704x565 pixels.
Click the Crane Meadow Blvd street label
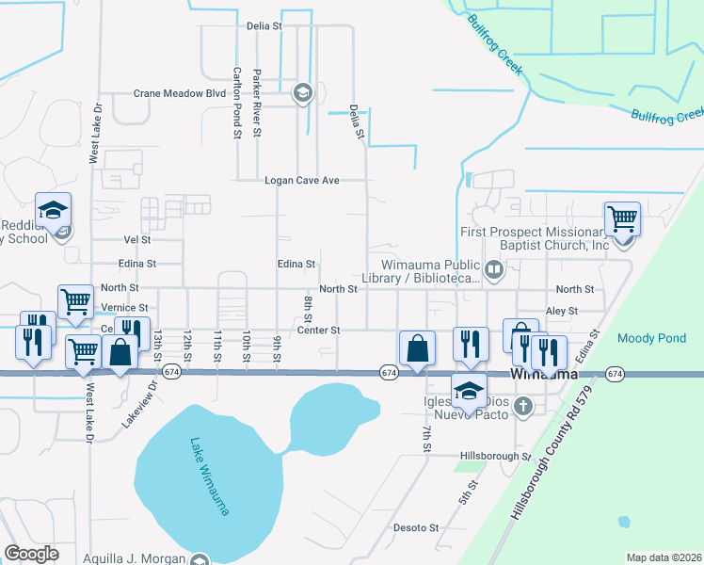pyautogui.click(x=180, y=93)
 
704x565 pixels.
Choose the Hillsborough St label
pyautogui.click(x=495, y=456)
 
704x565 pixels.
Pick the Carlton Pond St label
pyautogui.click(x=237, y=104)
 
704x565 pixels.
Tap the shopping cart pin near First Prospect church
pyautogui.click(x=622, y=218)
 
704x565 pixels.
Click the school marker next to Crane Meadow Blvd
pyautogui.click(x=302, y=92)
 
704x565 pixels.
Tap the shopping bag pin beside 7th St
pyautogui.click(x=416, y=348)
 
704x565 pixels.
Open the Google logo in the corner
pyautogui.click(x=31, y=554)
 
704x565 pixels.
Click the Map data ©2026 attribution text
pyautogui.click(x=664, y=557)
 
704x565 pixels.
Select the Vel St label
pyautogui.click(x=137, y=240)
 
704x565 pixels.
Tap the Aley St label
pyautogui.click(x=561, y=310)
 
